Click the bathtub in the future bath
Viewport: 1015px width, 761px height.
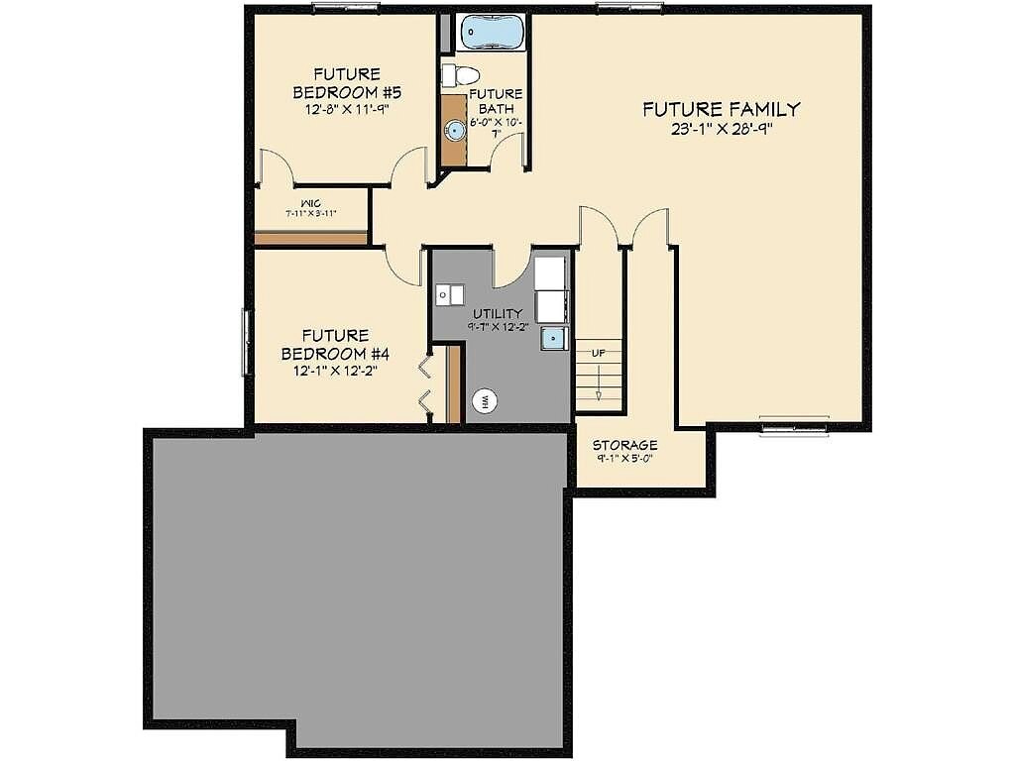coord(493,32)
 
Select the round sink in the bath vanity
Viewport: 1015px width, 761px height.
coord(455,130)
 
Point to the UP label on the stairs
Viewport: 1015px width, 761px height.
coord(599,353)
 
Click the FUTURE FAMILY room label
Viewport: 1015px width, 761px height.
coord(721,110)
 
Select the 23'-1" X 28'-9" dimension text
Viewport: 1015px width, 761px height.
coord(721,130)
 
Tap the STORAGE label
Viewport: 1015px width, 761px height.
coord(624,446)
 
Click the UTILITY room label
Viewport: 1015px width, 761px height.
coord(497,314)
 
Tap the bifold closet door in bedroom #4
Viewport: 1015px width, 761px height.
coord(424,384)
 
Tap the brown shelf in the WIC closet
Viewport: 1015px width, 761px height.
coord(311,239)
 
